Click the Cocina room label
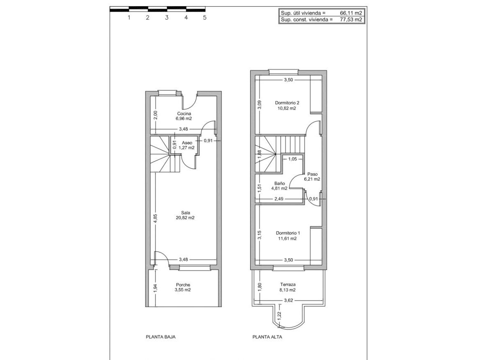(x=184, y=113)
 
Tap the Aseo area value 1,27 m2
(x=187, y=148)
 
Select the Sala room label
(x=185, y=213)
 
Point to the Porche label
(x=183, y=285)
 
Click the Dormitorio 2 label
(x=287, y=103)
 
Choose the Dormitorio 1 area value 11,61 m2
(x=287, y=239)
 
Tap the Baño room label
(x=280, y=183)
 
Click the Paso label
(x=312, y=174)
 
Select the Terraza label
(x=288, y=285)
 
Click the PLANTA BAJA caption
(x=161, y=337)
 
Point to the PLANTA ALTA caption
(x=267, y=337)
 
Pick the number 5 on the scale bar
(x=205, y=18)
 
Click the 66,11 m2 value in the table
(x=351, y=13)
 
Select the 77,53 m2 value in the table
(x=351, y=20)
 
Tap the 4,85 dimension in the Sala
(x=156, y=219)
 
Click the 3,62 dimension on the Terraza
(x=288, y=301)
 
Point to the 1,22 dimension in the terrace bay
(x=279, y=315)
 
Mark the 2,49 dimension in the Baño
(x=279, y=199)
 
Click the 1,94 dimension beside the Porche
(x=156, y=288)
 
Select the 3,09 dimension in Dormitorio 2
(x=259, y=104)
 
